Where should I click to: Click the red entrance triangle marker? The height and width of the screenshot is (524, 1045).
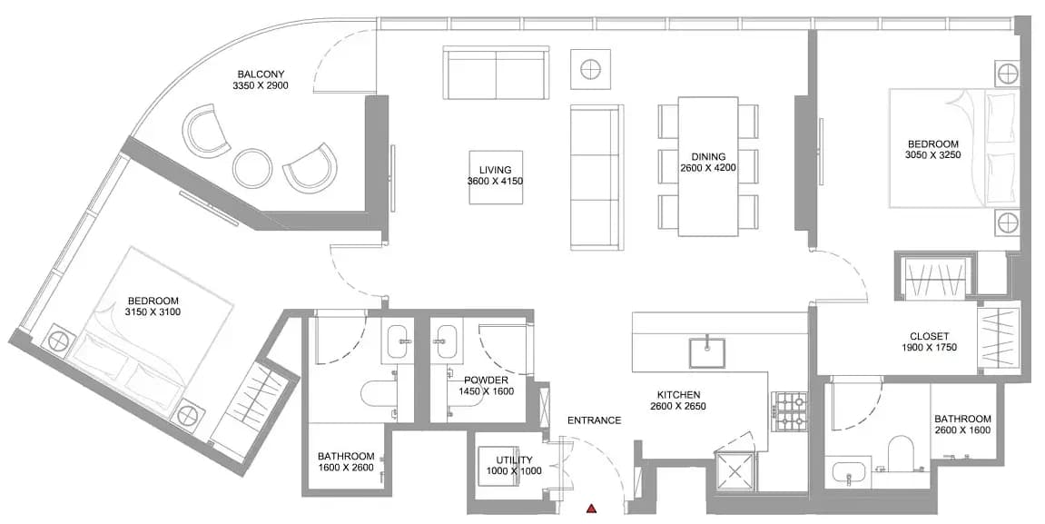click(x=590, y=509)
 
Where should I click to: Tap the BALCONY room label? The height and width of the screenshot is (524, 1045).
click(x=261, y=74)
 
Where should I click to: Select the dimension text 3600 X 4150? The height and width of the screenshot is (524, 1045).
click(x=495, y=182)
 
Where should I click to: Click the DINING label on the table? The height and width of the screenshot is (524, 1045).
click(x=708, y=157)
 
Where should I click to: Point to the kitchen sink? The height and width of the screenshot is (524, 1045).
click(x=707, y=352)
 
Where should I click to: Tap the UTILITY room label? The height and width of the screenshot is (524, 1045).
click(x=515, y=460)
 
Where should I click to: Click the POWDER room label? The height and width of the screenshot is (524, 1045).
click(x=487, y=381)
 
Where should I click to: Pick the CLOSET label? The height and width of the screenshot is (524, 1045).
click(x=929, y=337)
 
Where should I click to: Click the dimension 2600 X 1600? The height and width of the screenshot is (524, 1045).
click(x=962, y=430)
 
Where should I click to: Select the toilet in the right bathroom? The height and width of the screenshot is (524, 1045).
click(x=902, y=452)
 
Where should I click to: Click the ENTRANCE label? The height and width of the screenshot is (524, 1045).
click(x=594, y=420)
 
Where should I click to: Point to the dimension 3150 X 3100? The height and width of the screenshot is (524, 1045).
click(x=153, y=311)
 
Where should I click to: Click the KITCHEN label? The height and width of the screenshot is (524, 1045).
click(x=678, y=395)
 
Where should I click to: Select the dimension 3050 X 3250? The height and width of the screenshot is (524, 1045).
click(x=933, y=154)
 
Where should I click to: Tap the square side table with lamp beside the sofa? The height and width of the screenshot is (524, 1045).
click(x=590, y=69)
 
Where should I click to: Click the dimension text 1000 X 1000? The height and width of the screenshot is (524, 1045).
click(x=514, y=470)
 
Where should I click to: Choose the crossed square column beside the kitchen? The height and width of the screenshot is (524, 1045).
click(x=734, y=471)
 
